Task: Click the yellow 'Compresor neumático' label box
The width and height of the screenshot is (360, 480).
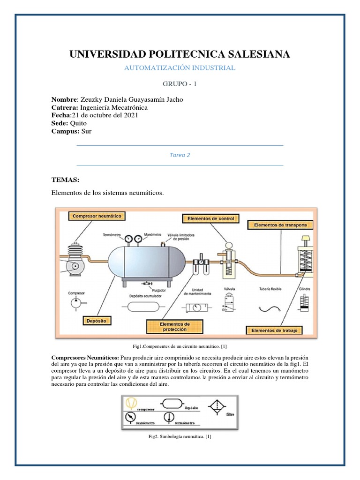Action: click(97, 216)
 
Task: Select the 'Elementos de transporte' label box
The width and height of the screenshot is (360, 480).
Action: click(280, 225)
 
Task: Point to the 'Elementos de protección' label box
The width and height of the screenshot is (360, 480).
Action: click(175, 327)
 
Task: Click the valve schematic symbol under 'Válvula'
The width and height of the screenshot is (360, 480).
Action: click(229, 306)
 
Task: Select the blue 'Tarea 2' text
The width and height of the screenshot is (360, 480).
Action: click(180, 155)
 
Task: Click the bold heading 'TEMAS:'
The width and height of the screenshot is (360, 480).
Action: click(66, 180)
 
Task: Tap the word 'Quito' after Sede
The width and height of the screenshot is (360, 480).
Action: click(78, 123)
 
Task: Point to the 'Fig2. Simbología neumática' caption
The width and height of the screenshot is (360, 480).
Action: click(180, 437)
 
